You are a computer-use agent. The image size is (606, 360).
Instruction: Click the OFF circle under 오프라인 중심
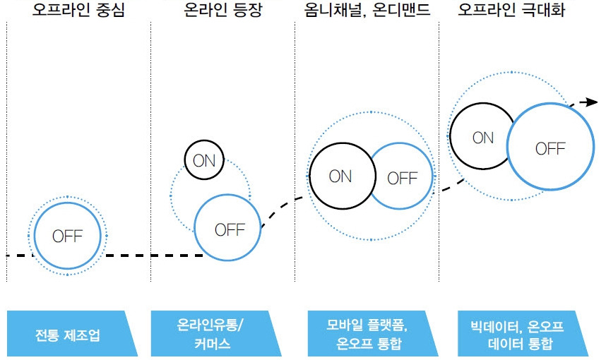pos(68,236)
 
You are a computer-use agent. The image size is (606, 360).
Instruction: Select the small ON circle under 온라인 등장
pos(204,160)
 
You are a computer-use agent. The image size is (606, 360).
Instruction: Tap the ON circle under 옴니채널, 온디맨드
pos(340,176)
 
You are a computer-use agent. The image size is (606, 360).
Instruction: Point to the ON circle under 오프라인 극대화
pos(483,138)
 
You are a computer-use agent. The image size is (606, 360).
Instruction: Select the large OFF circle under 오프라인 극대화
pos(550,148)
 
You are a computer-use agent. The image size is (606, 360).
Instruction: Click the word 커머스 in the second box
pos(211,344)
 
